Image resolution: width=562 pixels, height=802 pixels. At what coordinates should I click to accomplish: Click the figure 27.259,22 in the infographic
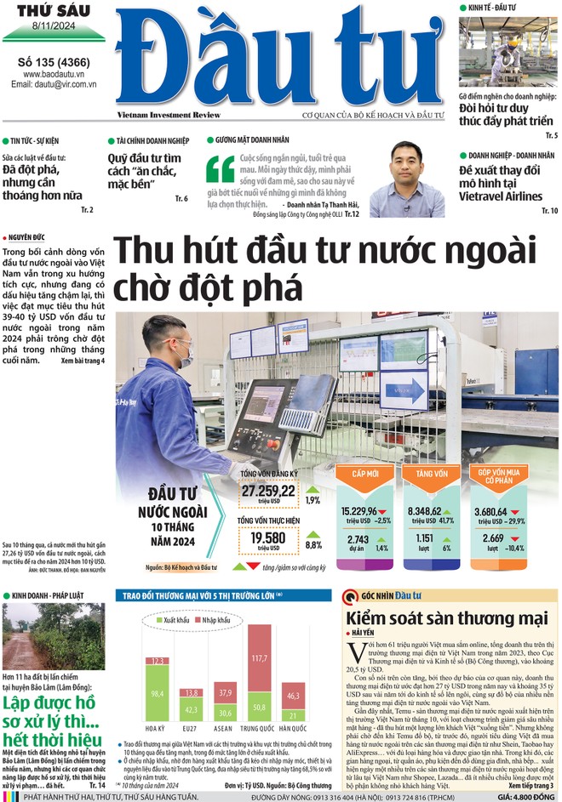tap(267, 491)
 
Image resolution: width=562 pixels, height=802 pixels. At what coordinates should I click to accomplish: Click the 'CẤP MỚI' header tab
tap(365, 473)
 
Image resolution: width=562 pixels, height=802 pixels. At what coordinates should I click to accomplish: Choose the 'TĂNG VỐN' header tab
tap(432, 473)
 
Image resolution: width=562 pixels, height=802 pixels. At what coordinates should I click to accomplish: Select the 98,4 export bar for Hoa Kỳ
tap(156, 694)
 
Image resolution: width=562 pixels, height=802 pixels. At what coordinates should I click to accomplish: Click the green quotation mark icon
tap(220, 168)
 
